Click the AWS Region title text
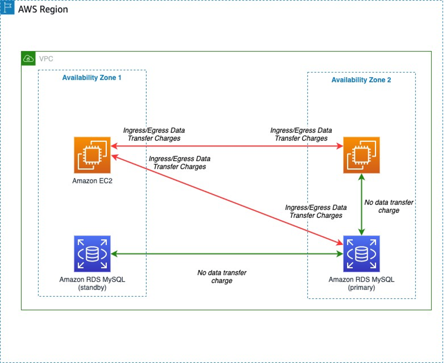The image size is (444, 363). click(43, 9)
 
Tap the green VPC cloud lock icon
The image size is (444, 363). click(28, 58)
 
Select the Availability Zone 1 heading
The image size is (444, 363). click(92, 78)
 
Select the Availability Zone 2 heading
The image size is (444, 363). click(361, 80)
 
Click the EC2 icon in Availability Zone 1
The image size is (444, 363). click(92, 155)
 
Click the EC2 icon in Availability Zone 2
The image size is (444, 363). click(361, 155)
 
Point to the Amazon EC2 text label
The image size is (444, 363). click(92, 181)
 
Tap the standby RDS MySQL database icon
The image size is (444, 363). click(92, 253)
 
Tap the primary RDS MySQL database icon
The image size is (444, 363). click(361, 253)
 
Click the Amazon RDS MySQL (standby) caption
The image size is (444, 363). click(92, 284)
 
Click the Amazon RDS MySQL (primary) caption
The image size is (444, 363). click(361, 284)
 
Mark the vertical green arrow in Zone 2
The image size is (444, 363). click(362, 205)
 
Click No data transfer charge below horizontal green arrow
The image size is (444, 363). click(222, 277)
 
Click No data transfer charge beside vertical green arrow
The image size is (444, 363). click(389, 206)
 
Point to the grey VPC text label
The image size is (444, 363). click(46, 59)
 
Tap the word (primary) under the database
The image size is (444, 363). click(361, 288)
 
